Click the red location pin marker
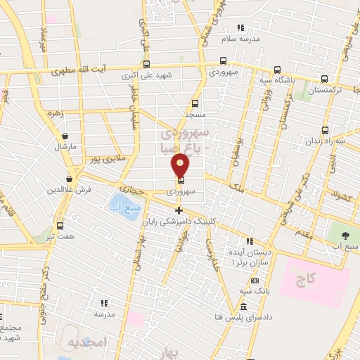181,165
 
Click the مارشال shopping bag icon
65,136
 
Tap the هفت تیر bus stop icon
60,226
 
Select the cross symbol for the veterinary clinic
179,210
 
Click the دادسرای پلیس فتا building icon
243,307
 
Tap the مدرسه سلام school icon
240,27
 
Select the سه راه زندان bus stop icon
326,130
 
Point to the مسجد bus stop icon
195,102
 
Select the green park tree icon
346,234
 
